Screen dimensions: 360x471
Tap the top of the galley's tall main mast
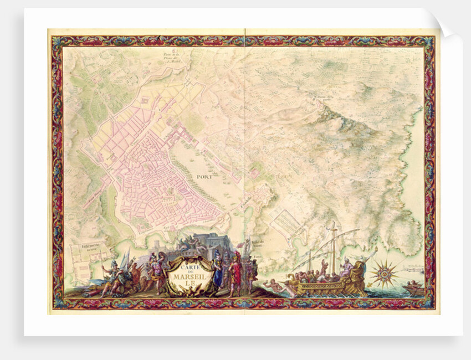coord(333,225)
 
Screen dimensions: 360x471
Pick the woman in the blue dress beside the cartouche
coord(218,271)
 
